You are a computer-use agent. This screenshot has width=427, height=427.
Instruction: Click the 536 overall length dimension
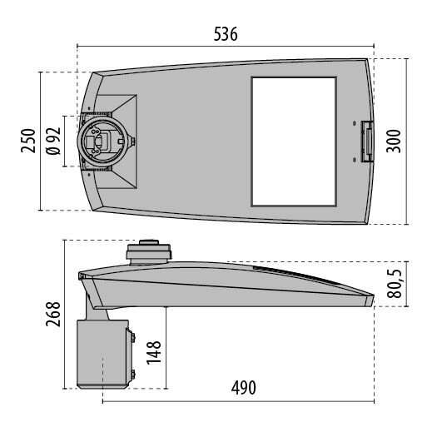click(226, 34)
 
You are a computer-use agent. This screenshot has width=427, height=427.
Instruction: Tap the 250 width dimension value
click(28, 141)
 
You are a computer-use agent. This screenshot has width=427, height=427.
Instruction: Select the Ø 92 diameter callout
click(53, 141)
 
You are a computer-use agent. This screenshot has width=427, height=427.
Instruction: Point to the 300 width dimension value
click(394, 141)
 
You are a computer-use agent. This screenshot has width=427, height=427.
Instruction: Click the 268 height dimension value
click(53, 314)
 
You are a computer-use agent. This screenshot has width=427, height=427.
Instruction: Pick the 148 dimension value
click(153, 353)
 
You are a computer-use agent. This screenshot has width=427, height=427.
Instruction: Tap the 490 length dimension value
click(244, 388)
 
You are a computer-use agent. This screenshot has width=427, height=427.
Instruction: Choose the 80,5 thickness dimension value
click(395, 284)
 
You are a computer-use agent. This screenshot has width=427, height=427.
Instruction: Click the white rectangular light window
click(294, 142)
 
